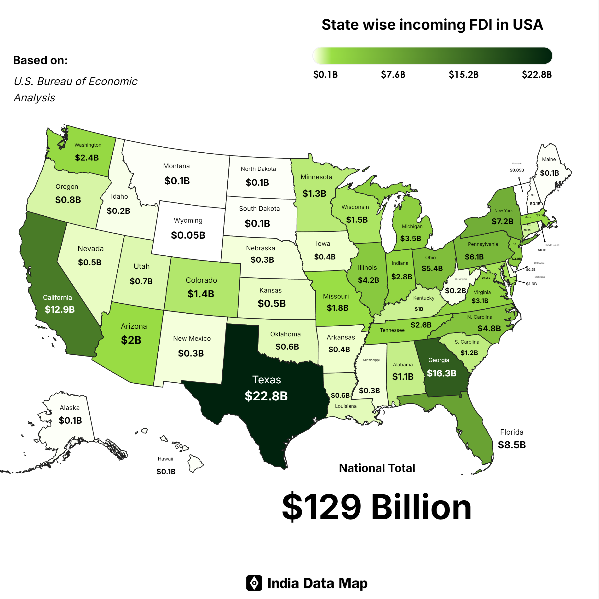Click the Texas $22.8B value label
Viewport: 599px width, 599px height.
(266, 396)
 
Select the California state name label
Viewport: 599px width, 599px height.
(57, 297)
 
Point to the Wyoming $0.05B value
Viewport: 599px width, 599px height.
(188, 235)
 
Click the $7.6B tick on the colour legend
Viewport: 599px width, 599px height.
(393, 75)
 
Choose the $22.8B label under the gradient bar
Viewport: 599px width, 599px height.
(536, 75)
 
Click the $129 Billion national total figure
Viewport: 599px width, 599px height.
(376, 507)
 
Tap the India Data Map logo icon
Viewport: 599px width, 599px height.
(254, 583)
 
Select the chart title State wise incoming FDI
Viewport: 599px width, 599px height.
(432, 25)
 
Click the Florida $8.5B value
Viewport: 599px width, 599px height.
(512, 445)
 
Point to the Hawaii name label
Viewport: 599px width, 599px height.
(165, 459)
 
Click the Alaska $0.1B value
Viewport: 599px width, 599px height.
(70, 420)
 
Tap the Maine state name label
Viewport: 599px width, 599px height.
(549, 159)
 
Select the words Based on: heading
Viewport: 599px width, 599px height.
(40, 60)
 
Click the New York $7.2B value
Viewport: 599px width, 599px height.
(502, 221)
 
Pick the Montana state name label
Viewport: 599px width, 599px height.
(176, 166)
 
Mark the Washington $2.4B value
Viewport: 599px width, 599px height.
(87, 157)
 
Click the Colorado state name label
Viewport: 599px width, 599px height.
(201, 280)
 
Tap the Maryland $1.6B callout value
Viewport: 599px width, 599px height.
(531, 284)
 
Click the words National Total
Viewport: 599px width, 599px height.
(377, 468)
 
